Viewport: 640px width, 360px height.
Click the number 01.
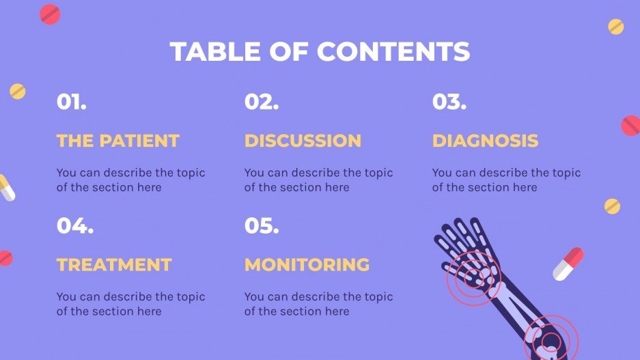coord(71,102)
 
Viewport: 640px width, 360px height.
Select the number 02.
coord(261,102)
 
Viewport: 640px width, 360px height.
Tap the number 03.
coord(449,102)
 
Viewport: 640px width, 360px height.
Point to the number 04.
coord(74,226)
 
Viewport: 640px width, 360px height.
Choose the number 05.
coord(261,226)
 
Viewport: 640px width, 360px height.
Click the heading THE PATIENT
coord(117,141)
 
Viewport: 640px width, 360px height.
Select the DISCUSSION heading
coord(303,141)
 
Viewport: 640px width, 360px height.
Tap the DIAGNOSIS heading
coord(485,141)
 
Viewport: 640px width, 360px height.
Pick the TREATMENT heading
coord(114,264)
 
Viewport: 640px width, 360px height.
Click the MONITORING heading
coord(307,264)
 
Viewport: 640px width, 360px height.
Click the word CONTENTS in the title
coord(393,52)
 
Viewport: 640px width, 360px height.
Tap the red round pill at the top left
coord(50,14)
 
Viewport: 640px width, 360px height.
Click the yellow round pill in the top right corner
coord(615,27)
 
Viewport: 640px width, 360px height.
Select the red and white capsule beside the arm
coord(568,264)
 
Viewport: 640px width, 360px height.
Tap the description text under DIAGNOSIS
coord(506,180)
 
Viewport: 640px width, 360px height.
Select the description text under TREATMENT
coord(130,304)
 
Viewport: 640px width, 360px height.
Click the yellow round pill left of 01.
coord(17,91)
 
